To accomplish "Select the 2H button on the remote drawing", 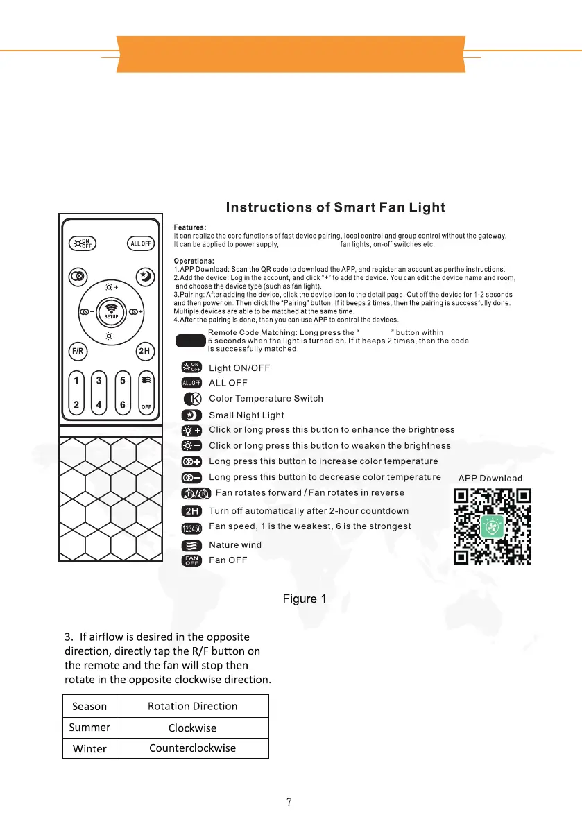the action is [144, 351].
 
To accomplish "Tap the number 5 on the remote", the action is [123, 381].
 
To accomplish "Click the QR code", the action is [493, 526].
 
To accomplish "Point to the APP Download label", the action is [490, 478].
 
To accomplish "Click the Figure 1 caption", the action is [304, 599].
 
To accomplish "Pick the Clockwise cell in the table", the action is [192, 728].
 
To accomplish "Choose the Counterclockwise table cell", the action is [192, 748].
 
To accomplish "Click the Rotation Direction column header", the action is [192, 706].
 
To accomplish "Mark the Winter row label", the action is [89, 748].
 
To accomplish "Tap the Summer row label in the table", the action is [89, 728].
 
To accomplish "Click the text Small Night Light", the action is [246, 415].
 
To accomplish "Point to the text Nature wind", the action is [235, 544].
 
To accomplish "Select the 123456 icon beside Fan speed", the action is [191, 529].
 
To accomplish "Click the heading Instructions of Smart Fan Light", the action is [336, 207].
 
